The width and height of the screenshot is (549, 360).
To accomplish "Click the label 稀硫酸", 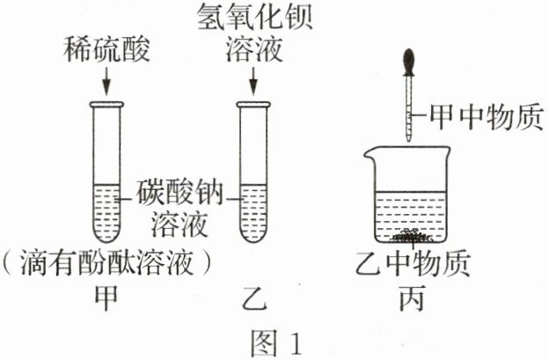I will click(x=104, y=50).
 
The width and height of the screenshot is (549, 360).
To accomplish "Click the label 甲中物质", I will click(x=486, y=115).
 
